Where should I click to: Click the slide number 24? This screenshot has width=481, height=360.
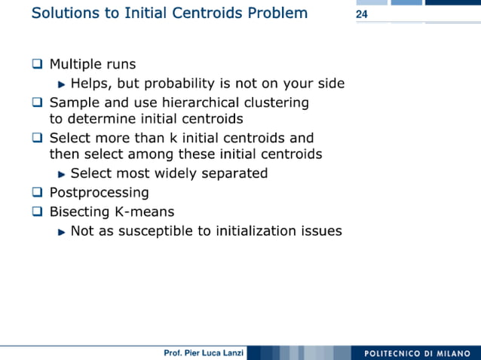pos(361,15)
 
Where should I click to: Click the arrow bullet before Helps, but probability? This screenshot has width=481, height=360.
pos(62,84)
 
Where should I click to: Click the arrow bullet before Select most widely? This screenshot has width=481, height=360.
pos(62,174)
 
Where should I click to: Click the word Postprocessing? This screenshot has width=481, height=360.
pos(99,193)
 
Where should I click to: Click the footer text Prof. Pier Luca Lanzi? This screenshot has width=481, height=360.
pos(203,353)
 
